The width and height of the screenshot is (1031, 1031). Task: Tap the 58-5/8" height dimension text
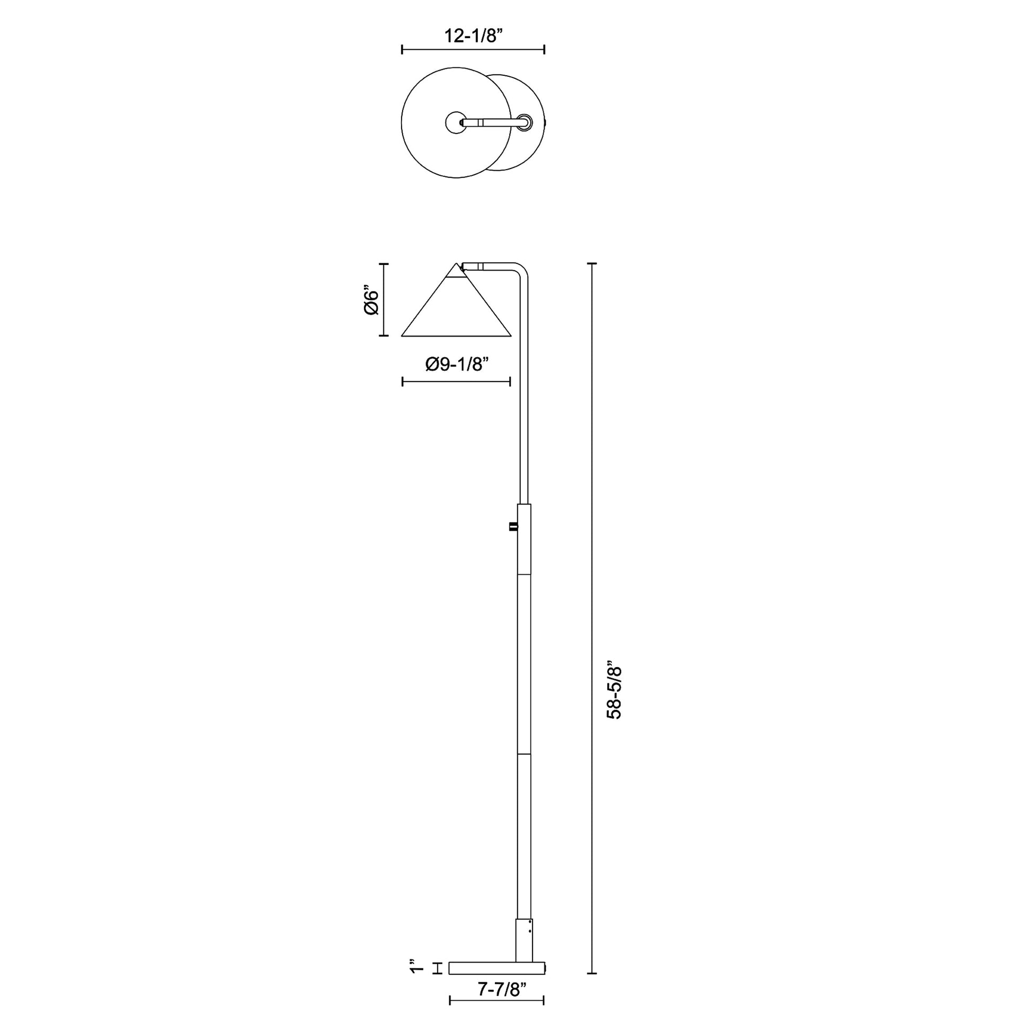(x=615, y=692)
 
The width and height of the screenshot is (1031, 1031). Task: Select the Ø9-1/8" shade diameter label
(x=457, y=365)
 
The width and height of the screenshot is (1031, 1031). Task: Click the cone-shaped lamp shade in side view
(x=456, y=312)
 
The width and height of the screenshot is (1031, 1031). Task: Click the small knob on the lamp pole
(x=513, y=527)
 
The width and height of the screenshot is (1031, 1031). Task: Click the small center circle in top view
(x=455, y=122)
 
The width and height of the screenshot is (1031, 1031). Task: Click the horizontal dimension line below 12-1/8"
(x=473, y=50)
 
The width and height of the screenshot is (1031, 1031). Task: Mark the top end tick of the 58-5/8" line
(x=591, y=264)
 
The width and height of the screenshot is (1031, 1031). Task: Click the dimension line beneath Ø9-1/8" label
(x=456, y=381)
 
